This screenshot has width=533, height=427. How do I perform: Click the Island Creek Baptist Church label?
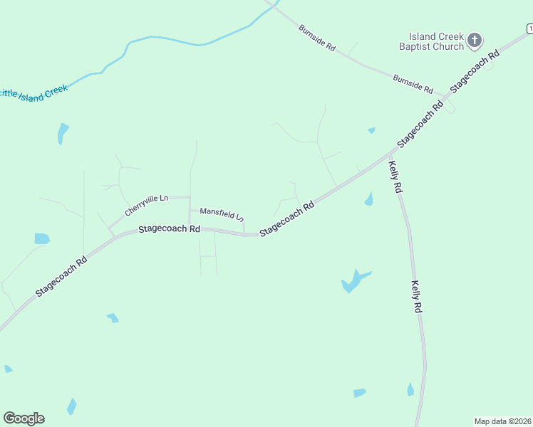coord(436,41)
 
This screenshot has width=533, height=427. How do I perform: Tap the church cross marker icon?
coord(475,40)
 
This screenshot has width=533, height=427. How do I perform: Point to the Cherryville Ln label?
coord(146,205)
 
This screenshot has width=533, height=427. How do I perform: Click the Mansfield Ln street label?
coord(222,213)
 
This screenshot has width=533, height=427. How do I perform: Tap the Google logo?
coord(24,418)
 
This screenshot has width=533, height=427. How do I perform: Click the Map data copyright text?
coord(503,421)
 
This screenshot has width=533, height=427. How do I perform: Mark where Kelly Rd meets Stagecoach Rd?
coord(390,152)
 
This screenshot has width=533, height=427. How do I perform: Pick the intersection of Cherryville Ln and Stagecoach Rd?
coord(110,233)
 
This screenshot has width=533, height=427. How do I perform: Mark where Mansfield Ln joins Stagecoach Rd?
coord(244,233)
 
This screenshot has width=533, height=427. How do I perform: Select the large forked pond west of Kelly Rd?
coord(353,281)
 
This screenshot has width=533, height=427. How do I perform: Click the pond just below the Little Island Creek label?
coord(63,132)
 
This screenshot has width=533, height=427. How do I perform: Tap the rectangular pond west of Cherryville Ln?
coord(42,239)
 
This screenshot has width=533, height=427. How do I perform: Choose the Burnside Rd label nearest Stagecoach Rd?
coord(413,84)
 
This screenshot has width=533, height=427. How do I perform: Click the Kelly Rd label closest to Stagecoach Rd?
coord(395,177)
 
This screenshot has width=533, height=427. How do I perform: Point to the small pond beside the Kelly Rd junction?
coord(369,199)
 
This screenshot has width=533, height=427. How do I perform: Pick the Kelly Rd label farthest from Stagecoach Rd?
coord(417,297)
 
